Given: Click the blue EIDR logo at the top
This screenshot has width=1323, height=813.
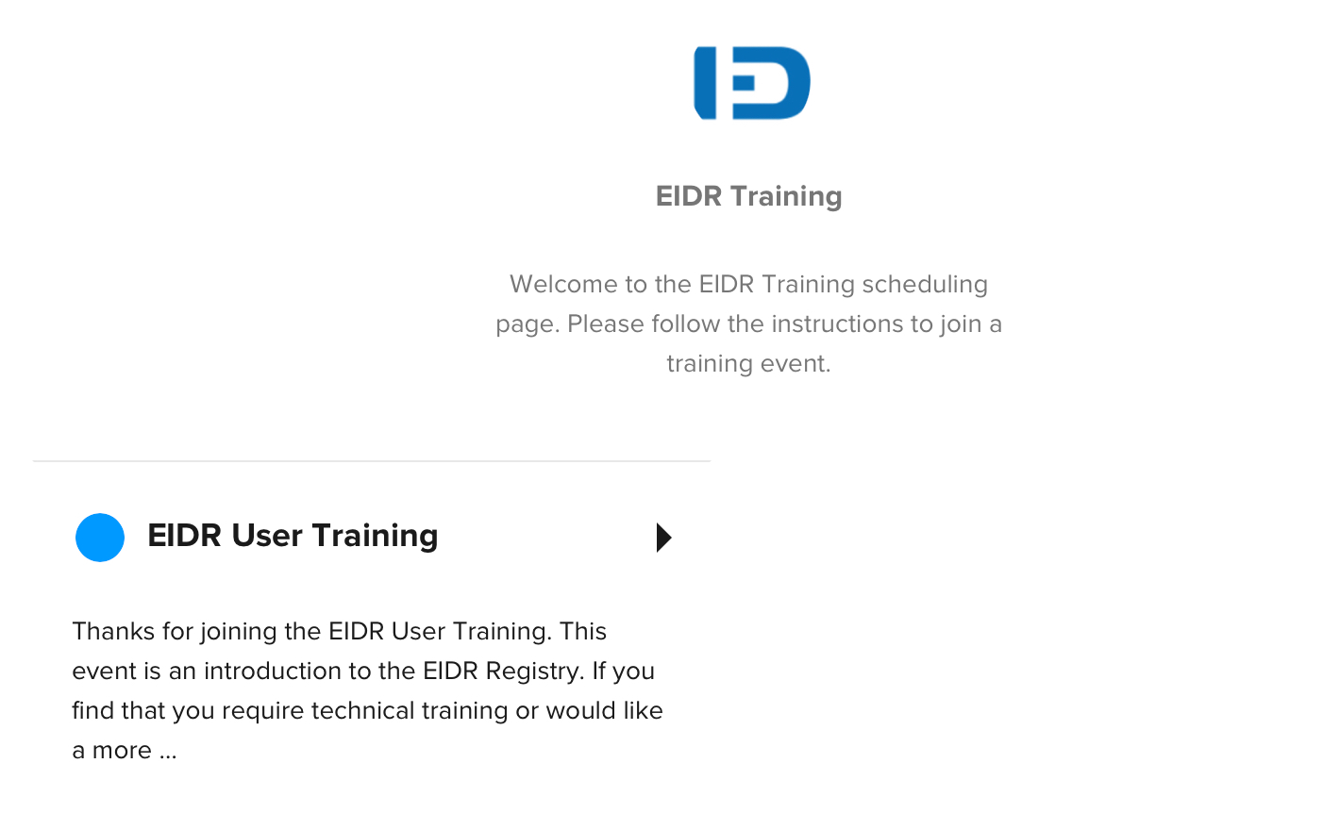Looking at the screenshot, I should [x=752, y=83].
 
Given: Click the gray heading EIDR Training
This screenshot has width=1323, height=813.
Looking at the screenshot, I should [x=748, y=196].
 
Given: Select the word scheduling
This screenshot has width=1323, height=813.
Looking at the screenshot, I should [x=925, y=285].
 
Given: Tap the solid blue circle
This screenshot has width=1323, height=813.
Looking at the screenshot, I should [x=100, y=538].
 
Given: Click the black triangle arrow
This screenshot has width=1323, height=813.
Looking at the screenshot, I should [x=664, y=538].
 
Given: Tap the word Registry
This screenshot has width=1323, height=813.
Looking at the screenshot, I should [x=534, y=672].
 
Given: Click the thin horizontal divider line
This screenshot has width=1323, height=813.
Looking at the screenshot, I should [x=371, y=461].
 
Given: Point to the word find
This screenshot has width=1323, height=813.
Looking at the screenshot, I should [x=92, y=711].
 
